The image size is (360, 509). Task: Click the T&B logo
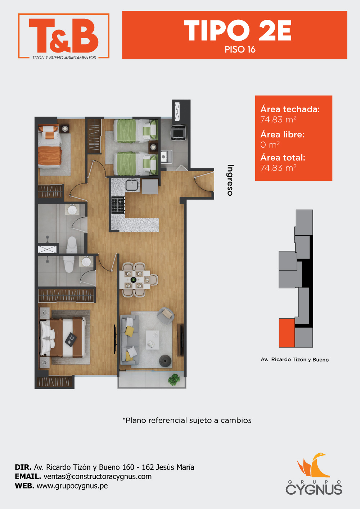(64, 36)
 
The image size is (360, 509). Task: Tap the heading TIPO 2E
(238, 30)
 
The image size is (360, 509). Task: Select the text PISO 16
(240, 50)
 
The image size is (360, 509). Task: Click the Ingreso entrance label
(230, 180)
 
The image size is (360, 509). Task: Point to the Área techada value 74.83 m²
(278, 119)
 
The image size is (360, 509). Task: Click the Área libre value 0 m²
(270, 145)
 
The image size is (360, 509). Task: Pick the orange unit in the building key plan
(287, 333)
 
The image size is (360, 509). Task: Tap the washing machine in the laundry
(179, 132)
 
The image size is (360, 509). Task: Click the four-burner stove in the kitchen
(118, 205)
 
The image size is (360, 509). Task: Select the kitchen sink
(131, 184)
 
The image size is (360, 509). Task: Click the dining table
(135, 279)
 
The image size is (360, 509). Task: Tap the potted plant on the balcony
(174, 379)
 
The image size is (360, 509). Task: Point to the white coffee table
(153, 340)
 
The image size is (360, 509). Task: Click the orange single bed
(50, 147)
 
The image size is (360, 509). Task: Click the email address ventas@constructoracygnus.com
(98, 476)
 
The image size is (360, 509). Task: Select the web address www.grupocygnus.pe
(72, 486)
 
